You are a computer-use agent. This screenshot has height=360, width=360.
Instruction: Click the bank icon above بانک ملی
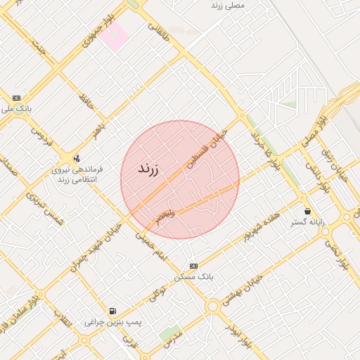pos(16,98)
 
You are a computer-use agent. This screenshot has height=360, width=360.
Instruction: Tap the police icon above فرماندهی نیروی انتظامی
pos(77,158)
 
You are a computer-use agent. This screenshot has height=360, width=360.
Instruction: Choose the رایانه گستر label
pos(307,222)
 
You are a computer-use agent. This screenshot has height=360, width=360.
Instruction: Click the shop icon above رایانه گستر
pos(307,211)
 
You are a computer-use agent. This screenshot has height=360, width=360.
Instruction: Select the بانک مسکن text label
pos(194,277)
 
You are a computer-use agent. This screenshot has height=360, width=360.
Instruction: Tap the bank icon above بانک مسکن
pos(193,266)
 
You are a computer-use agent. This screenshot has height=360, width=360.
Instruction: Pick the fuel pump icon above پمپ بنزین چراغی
pos(112,311)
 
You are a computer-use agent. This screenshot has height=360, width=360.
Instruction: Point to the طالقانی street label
pos(159,31)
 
